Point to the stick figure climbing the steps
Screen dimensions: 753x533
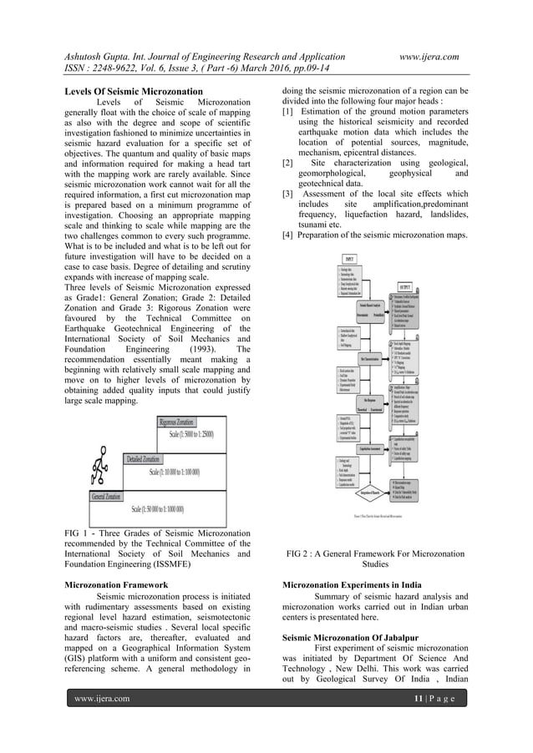pyautogui.click(x=100, y=462)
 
